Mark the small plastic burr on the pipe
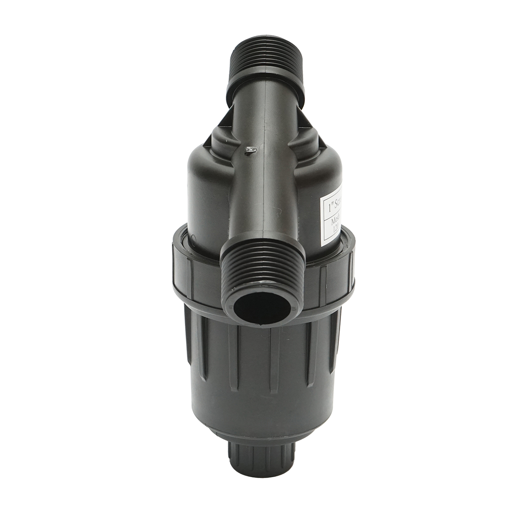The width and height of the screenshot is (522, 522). pos(251,151)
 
